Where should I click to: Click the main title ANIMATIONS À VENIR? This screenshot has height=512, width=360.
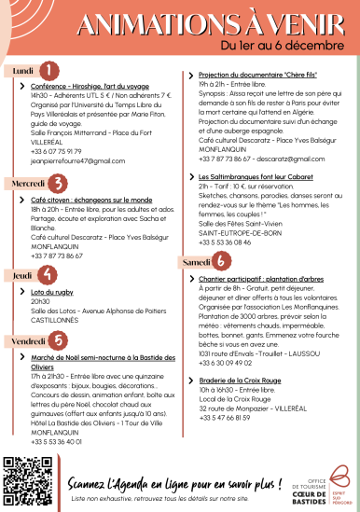point(215,22)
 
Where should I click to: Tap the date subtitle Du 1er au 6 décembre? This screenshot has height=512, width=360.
point(270,44)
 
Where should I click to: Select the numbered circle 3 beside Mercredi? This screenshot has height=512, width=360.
point(59,183)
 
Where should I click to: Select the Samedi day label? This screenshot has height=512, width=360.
point(196,264)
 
